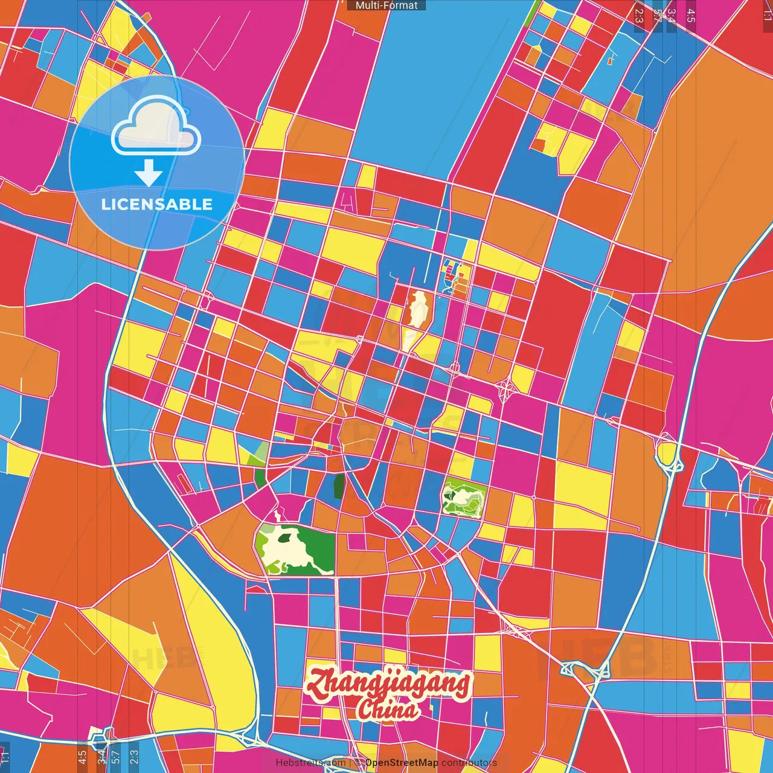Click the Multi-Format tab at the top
[386, 5]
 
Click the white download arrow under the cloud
[149, 174]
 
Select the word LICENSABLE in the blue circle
[157, 204]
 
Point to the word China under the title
[386, 711]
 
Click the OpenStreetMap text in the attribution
[401, 763]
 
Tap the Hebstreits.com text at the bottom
[310, 763]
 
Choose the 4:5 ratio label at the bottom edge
[82, 757]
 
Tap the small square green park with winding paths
[463, 499]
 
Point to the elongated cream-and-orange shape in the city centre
[417, 311]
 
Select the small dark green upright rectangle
[339, 486]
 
